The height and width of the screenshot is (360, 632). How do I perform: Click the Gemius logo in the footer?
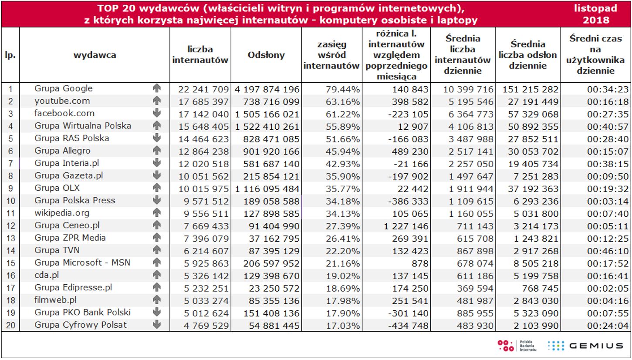(x=585, y=346)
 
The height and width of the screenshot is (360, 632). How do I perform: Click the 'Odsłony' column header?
(x=266, y=55)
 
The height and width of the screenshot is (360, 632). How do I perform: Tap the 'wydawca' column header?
(x=95, y=55)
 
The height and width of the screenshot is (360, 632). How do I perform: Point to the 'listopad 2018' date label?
(x=595, y=14)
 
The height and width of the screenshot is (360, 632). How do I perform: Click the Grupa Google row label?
(x=64, y=88)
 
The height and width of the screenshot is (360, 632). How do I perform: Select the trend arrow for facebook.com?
(x=157, y=113)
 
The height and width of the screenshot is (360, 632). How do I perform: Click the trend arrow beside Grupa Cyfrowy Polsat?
(x=157, y=325)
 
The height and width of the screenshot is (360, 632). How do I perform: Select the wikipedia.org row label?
(x=62, y=213)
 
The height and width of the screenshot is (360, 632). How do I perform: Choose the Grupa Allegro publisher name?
(x=62, y=151)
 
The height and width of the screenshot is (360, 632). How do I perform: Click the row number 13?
(x=10, y=238)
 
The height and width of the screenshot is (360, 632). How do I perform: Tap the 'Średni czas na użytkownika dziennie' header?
(x=595, y=55)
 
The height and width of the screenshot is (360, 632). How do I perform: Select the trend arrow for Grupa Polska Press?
(x=157, y=201)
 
